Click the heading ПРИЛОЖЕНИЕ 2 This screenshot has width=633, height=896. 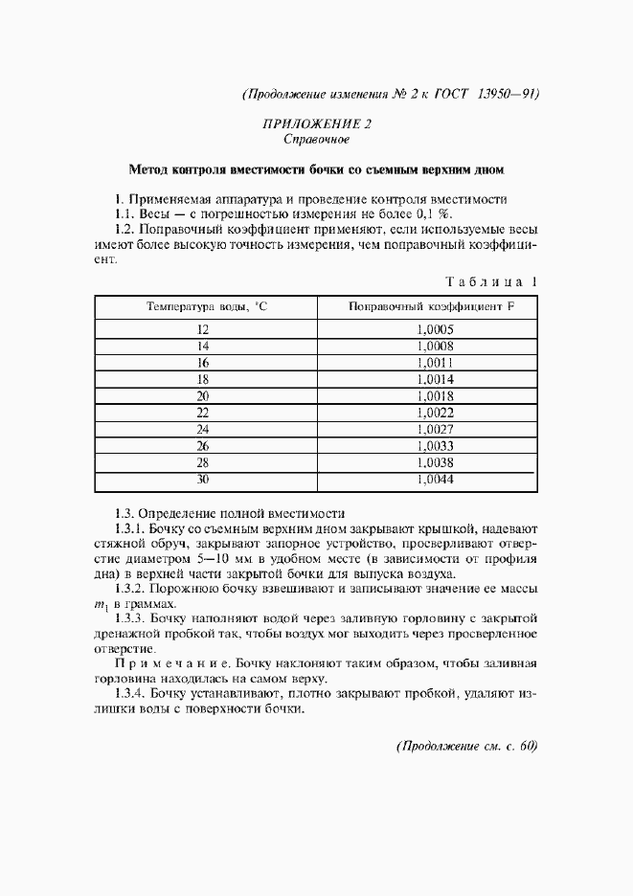click(316, 123)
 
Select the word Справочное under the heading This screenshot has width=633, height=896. click(316, 140)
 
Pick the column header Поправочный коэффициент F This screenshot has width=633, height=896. click(431, 306)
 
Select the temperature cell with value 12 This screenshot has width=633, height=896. click(203, 329)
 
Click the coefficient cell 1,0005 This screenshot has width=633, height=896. click(435, 329)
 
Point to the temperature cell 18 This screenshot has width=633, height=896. click(203, 378)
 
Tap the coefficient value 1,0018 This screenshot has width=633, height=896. click(435, 395)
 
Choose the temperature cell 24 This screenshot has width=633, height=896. click(203, 429)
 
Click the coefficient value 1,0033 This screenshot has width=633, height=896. click(435, 445)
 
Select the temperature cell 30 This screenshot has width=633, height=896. click(203, 479)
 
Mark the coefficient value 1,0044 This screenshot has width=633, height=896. click(435, 479)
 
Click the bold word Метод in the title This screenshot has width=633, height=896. click(149, 170)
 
